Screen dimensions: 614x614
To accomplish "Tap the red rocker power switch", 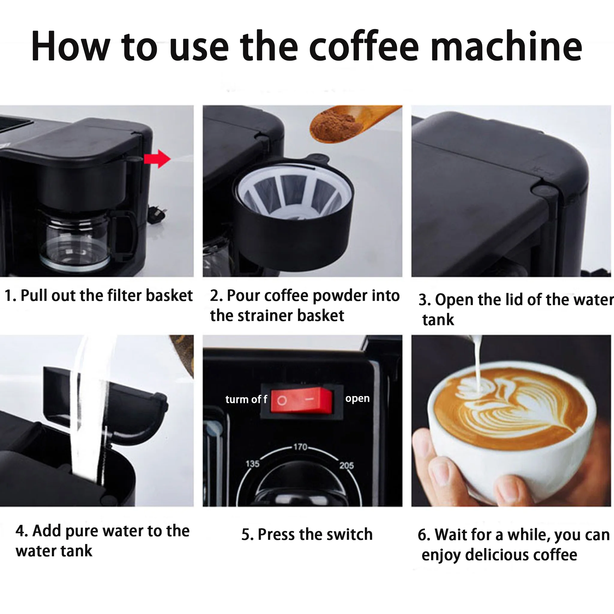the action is coord(301,400).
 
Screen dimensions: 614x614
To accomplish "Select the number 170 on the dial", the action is coord(300,447).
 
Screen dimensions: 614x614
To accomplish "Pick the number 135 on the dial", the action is coord(252,464).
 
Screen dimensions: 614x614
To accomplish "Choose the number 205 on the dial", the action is coord(346,466).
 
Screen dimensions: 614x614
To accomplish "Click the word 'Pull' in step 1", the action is coord(34,296).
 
